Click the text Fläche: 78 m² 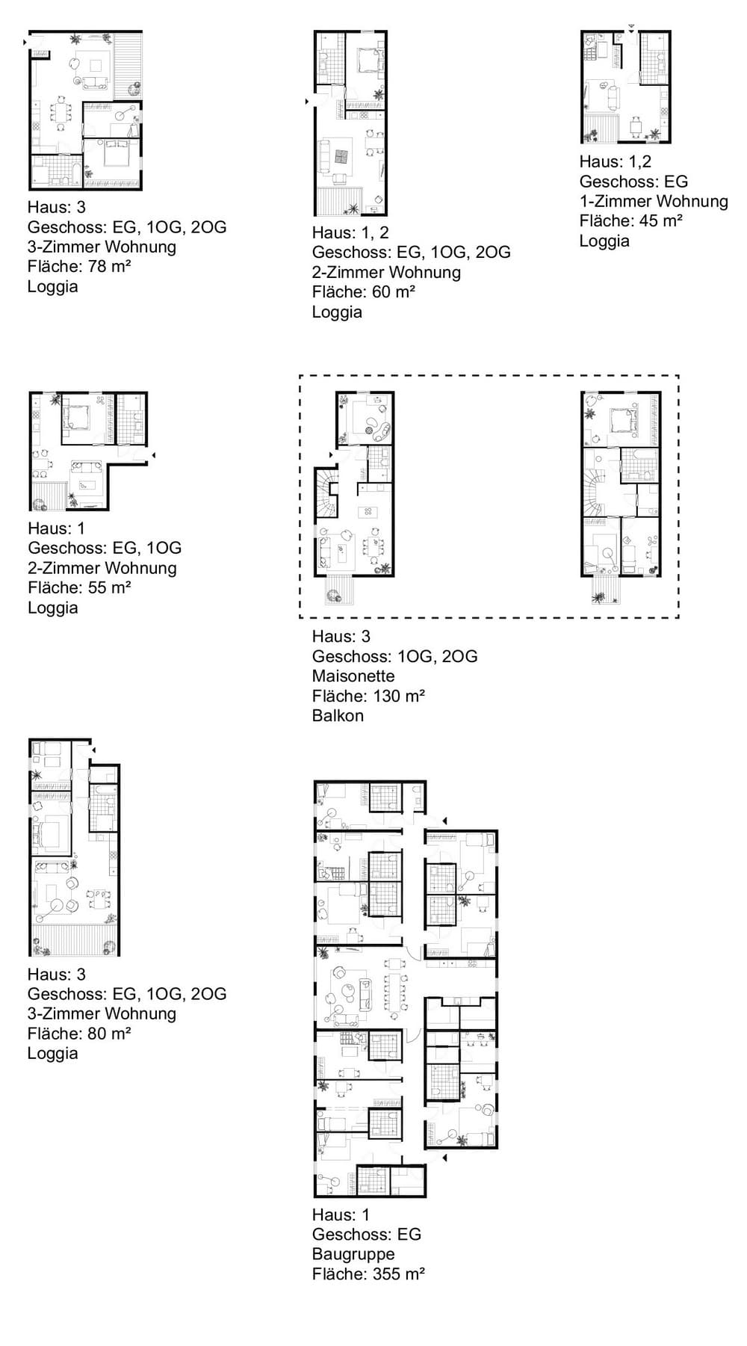(x=79, y=266)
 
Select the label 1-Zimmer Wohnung (x=654, y=201)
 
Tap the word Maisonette (x=353, y=676)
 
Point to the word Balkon (x=338, y=715)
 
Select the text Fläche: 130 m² (x=368, y=696)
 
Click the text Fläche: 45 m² (x=631, y=220)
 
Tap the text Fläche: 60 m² (x=364, y=291)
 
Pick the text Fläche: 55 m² (x=79, y=587)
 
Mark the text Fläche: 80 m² (x=79, y=1034)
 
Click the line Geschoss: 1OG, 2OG (x=394, y=656)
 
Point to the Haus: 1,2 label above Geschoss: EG (x=616, y=161)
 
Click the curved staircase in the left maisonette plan (x=326, y=494)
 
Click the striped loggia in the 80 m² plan (x=74, y=939)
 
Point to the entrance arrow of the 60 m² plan (x=307, y=100)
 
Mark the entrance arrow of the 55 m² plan (x=152, y=454)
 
